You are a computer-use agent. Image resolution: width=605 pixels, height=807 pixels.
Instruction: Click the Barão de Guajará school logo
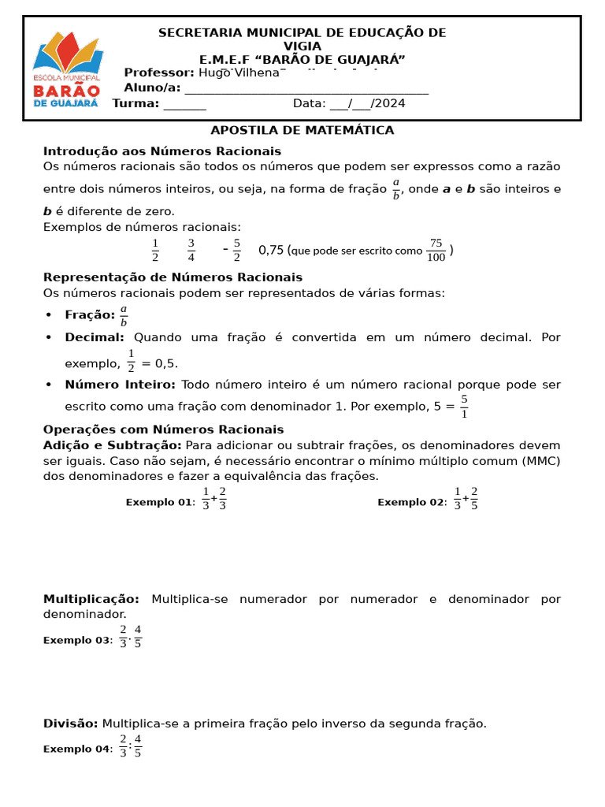pyautogui.click(x=66, y=70)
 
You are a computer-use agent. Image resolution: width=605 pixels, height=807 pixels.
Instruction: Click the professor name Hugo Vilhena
pyautogui.click(x=239, y=73)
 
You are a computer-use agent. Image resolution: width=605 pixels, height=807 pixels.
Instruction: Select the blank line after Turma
pyautogui.click(x=185, y=104)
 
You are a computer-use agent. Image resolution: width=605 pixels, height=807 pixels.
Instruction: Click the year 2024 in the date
pyautogui.click(x=389, y=103)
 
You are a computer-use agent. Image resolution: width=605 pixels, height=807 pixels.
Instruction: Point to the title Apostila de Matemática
pyautogui.click(x=302, y=130)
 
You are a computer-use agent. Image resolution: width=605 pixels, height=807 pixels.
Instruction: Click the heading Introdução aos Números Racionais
pyautogui.click(x=161, y=151)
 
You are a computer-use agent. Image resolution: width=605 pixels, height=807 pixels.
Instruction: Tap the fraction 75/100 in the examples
pyautogui.click(x=436, y=250)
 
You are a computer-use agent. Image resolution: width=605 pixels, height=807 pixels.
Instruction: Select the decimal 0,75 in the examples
pyautogui.click(x=271, y=250)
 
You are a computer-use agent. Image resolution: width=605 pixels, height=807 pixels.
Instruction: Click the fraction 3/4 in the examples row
pyautogui.click(x=191, y=250)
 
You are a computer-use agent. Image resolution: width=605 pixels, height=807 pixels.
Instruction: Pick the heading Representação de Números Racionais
pyautogui.click(x=173, y=277)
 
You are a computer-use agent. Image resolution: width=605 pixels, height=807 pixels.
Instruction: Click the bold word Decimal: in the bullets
pyautogui.click(x=95, y=337)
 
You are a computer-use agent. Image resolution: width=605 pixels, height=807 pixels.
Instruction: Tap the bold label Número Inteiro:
pyautogui.click(x=120, y=385)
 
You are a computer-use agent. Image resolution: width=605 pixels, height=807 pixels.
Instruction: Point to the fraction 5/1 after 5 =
pyautogui.click(x=464, y=407)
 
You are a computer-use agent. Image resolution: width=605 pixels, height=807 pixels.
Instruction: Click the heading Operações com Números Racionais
pyautogui.click(x=163, y=430)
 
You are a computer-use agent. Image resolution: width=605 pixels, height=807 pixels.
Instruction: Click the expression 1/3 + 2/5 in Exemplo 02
pyautogui.click(x=466, y=498)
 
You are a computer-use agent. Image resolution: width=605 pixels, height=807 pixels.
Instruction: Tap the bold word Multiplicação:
pyautogui.click(x=91, y=600)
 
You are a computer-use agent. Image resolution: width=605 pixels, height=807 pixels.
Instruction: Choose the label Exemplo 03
pyautogui.click(x=78, y=641)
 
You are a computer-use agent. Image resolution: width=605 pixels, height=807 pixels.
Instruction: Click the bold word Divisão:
pyautogui.click(x=70, y=723)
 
